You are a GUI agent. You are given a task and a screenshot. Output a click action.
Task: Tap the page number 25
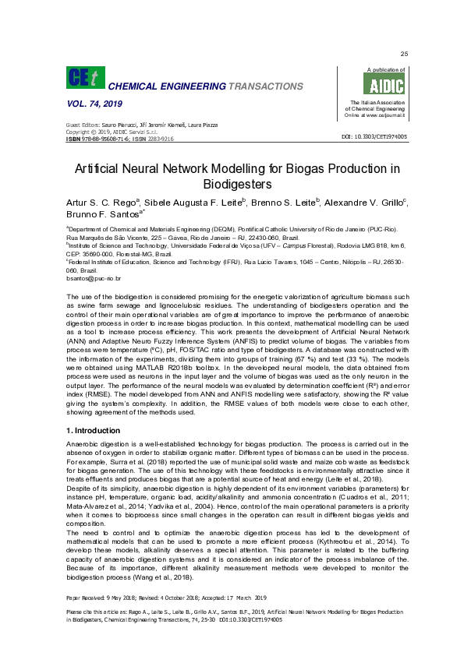pos(404,53)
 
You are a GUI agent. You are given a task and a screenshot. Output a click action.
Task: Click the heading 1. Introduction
pos(93,430)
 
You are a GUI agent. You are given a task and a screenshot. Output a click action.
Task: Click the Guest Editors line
pos(141,125)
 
